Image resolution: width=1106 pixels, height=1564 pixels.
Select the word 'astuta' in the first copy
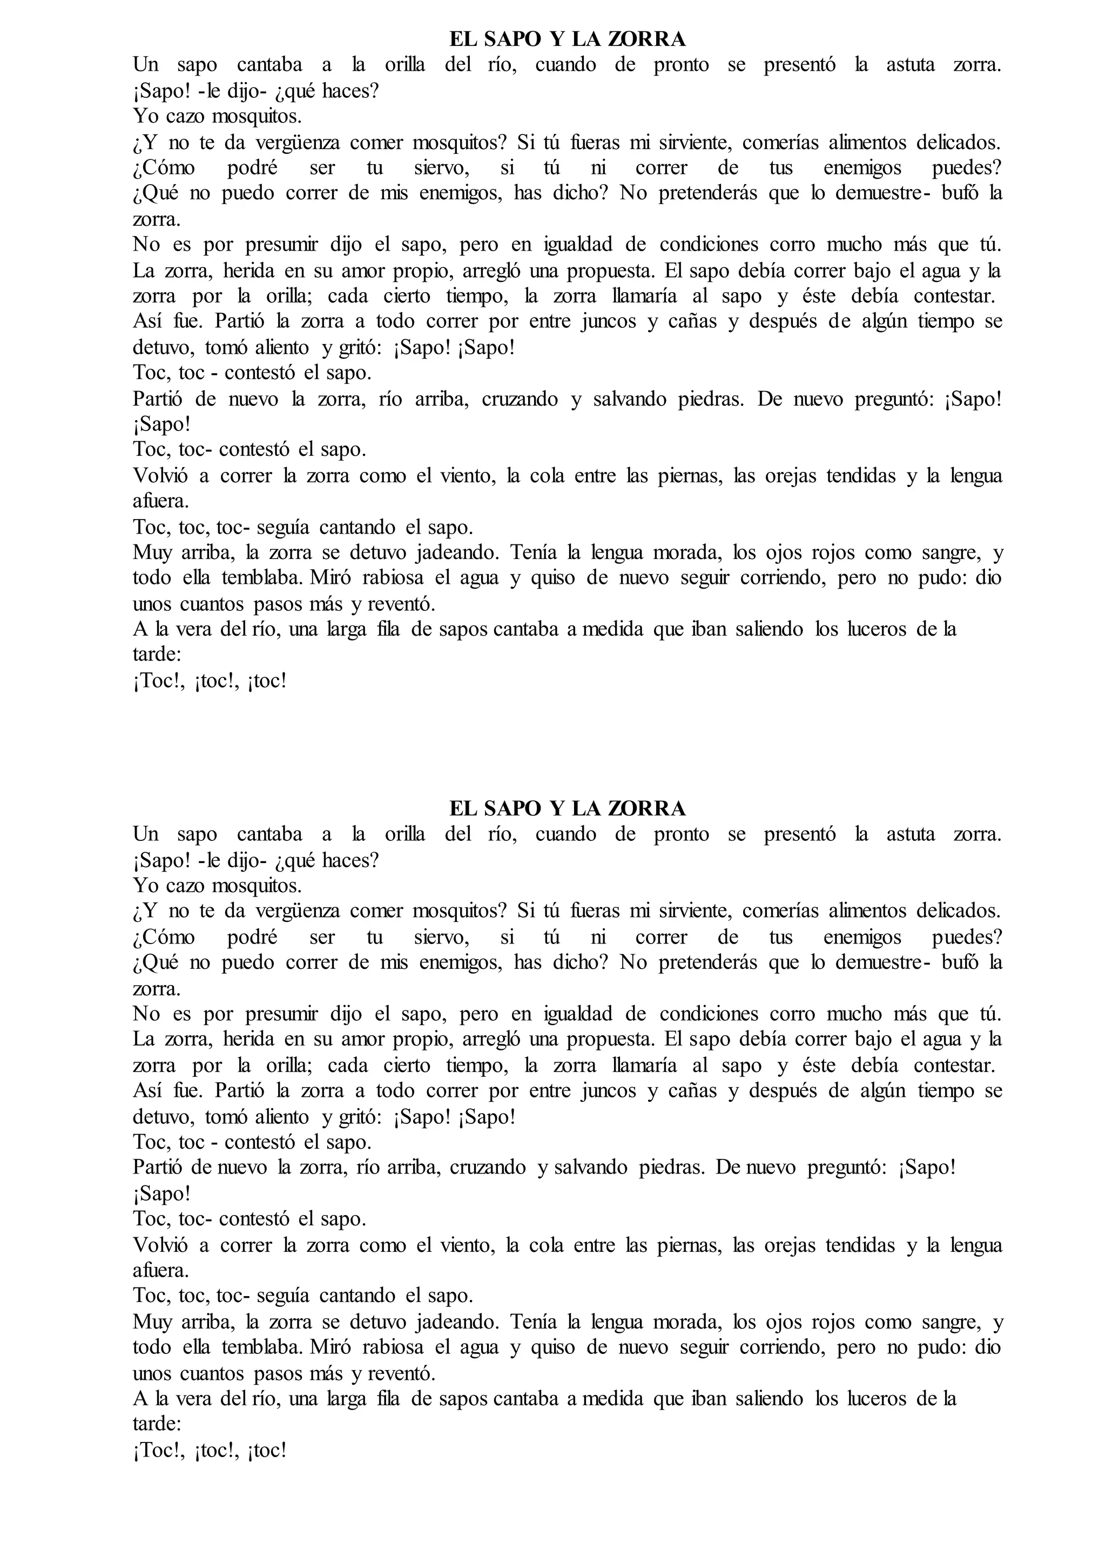pos(910,65)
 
